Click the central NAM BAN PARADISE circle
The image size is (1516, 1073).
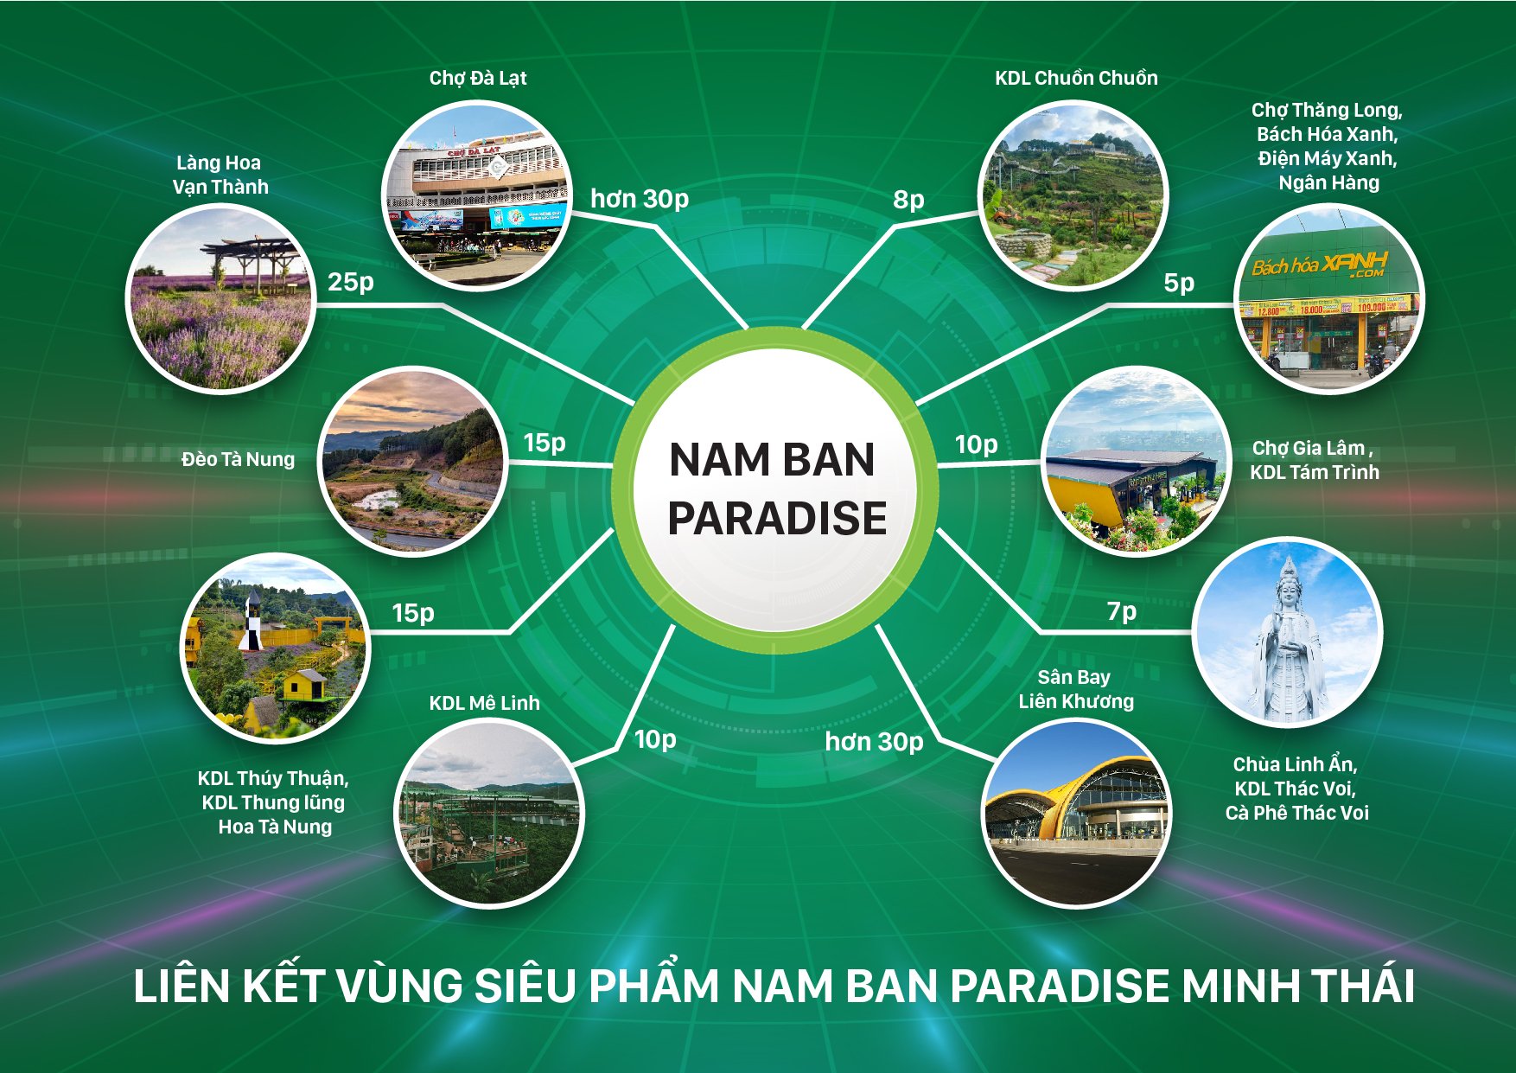pyautogui.click(x=775, y=489)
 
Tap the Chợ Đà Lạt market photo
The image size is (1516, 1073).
pyautogui.click(x=477, y=195)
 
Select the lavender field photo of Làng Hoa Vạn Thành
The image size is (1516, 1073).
pyautogui.click(x=221, y=299)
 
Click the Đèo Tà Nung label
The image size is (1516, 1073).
pyautogui.click(x=238, y=459)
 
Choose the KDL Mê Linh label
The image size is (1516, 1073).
pyautogui.click(x=484, y=703)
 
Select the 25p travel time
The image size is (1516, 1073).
pyautogui.click(x=351, y=282)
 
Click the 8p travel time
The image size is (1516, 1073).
pyautogui.click(x=909, y=200)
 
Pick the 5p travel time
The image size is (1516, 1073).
pyautogui.click(x=1179, y=283)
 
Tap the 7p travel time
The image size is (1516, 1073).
pyautogui.click(x=1122, y=612)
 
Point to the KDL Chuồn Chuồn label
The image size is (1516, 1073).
pyautogui.click(x=1076, y=78)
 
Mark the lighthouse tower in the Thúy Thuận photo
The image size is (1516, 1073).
pyautogui.click(x=251, y=622)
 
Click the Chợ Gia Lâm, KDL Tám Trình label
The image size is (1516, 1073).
pyautogui.click(x=1314, y=460)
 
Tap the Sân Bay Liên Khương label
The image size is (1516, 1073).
pyautogui.click(x=1076, y=689)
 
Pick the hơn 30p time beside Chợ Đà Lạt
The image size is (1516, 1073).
pyautogui.click(x=640, y=199)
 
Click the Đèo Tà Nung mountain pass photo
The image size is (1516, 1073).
pyautogui.click(x=414, y=461)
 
